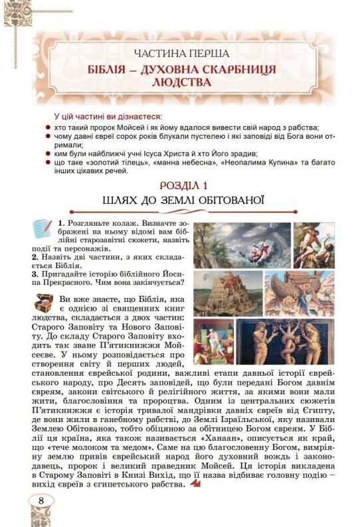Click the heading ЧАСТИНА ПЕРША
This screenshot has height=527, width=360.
pos(181,53)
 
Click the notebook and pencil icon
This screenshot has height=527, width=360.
pos(44,228)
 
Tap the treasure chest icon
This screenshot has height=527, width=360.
pos(44,302)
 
